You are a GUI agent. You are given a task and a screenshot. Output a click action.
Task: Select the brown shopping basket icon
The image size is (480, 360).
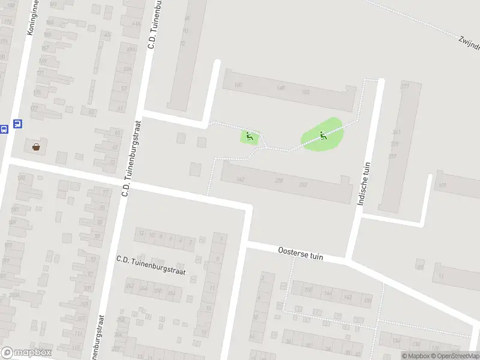coord(36,146)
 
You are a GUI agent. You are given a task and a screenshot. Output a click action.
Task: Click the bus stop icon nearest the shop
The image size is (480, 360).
coord(17,124)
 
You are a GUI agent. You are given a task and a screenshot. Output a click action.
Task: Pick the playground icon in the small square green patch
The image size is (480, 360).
coord(250,137)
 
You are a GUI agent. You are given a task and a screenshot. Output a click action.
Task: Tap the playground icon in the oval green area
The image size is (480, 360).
coord(323,136)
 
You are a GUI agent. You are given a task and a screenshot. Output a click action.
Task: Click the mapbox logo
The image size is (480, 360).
coord(26,353)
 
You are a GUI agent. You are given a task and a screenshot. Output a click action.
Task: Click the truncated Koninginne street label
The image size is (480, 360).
coord(31,18)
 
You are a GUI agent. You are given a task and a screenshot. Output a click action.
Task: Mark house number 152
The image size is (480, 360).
coord(305,92)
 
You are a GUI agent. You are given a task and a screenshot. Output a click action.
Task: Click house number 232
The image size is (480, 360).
coord(303,185)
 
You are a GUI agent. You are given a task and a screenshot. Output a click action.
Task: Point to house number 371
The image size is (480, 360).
coord(404,86)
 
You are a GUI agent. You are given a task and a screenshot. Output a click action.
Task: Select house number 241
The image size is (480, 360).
coord(396,133)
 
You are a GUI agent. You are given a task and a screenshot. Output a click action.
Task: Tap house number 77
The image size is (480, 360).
coord(106,192)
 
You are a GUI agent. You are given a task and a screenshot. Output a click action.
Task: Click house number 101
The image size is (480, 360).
coord(442,185)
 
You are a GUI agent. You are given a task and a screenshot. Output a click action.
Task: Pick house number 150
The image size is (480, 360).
coord(308,290)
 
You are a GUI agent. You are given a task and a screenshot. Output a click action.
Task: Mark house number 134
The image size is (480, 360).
coord(396,341)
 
